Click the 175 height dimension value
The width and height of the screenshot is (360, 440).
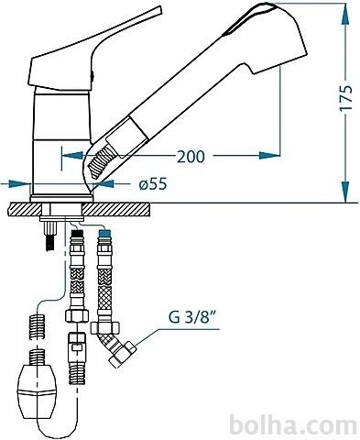(x=345, y=98)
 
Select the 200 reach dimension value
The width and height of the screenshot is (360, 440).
(x=191, y=157)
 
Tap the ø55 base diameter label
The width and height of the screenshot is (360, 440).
(x=153, y=184)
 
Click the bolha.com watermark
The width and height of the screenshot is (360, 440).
(x=293, y=424)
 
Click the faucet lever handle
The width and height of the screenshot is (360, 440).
(x=92, y=52)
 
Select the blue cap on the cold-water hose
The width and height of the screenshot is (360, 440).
(x=105, y=235)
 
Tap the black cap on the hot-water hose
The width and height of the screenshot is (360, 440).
(x=77, y=235)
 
